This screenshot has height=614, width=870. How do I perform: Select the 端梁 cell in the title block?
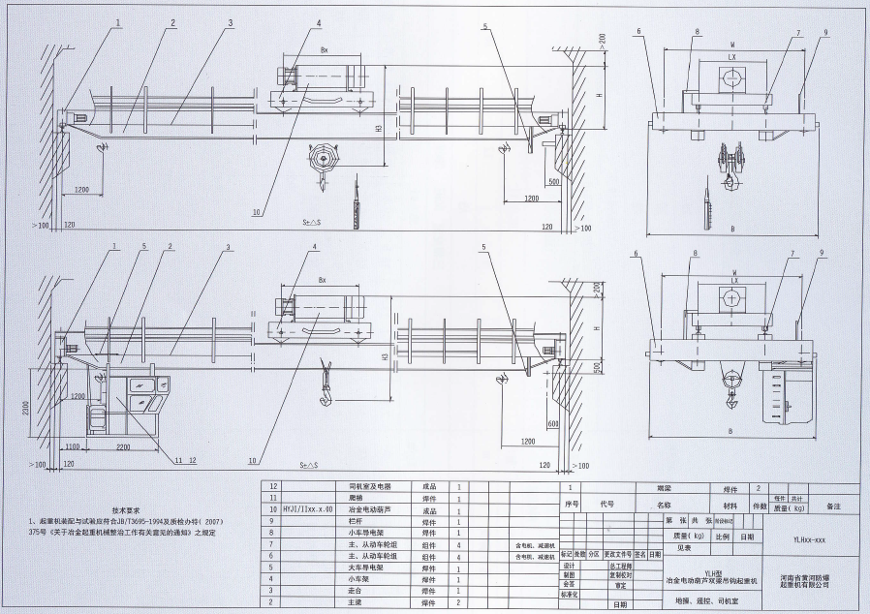664,489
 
